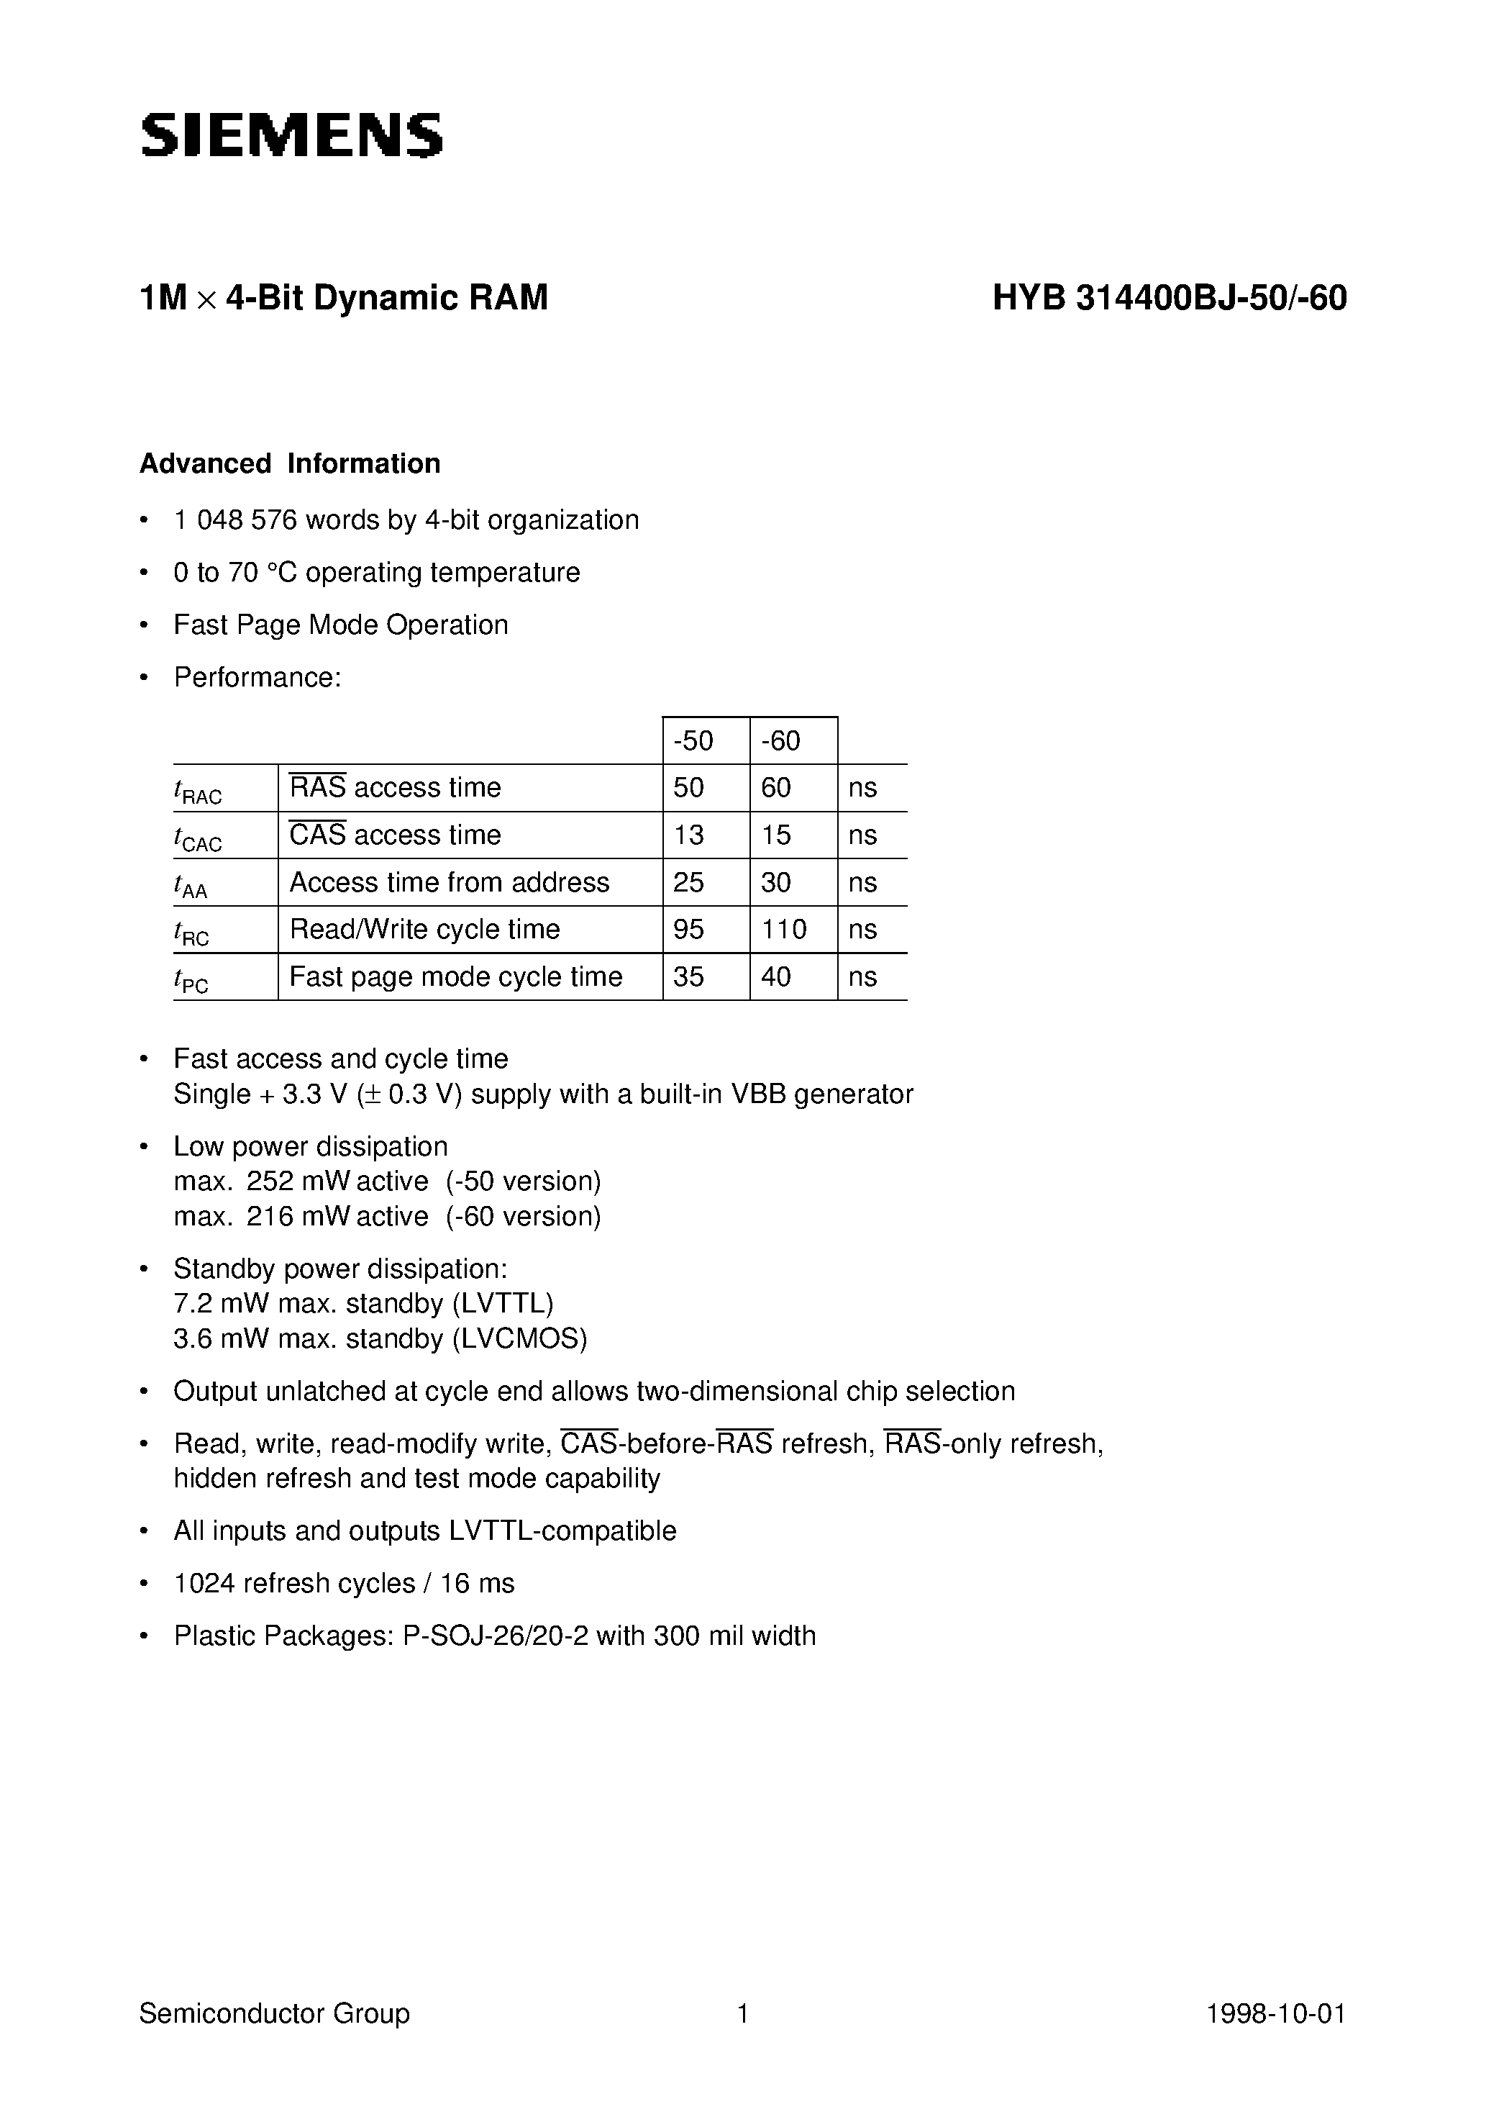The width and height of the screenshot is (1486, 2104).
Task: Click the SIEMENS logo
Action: pyautogui.click(x=291, y=135)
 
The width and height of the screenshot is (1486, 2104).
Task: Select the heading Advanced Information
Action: pyautogui.click(x=290, y=463)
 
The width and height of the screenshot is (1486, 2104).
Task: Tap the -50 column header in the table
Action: pyautogui.click(x=693, y=740)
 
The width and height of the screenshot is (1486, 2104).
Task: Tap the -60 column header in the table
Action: pyautogui.click(x=780, y=740)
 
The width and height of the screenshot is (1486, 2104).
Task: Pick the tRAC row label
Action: pyautogui.click(x=198, y=790)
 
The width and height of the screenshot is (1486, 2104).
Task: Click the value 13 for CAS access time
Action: pyautogui.click(x=689, y=835)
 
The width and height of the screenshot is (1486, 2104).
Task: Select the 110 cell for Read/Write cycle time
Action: pyautogui.click(x=784, y=929)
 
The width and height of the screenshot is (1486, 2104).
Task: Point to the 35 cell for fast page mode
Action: pyautogui.click(x=689, y=977)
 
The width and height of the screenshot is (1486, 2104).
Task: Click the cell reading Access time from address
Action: pyautogui.click(x=449, y=882)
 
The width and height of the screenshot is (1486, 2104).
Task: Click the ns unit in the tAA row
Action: pyautogui.click(x=862, y=882)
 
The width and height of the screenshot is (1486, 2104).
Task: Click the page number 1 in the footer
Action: pyautogui.click(x=743, y=2013)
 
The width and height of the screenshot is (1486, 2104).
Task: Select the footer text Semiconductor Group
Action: pyautogui.click(x=275, y=2013)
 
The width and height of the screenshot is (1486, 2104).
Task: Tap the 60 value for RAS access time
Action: pyautogui.click(x=776, y=788)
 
